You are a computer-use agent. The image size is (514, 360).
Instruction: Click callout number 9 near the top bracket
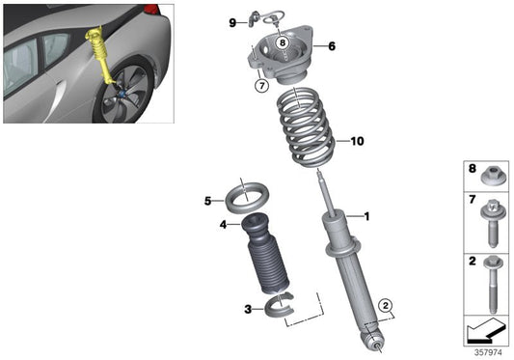tap(232, 21)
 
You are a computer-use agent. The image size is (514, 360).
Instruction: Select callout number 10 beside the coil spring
tap(357, 141)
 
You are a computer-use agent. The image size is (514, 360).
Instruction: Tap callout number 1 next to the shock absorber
tap(366, 216)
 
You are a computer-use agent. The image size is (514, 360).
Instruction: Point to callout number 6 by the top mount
tap(331, 45)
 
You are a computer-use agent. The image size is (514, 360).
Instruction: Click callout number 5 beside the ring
tap(207, 201)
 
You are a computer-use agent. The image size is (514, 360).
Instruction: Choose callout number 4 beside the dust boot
tap(223, 225)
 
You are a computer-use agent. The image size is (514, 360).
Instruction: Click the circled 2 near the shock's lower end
tap(386, 306)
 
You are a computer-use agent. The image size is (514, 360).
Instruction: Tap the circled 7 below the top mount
tap(261, 86)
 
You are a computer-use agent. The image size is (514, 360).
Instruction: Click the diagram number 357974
tap(486, 352)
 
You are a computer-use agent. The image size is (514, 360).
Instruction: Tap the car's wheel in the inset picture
tap(127, 97)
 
